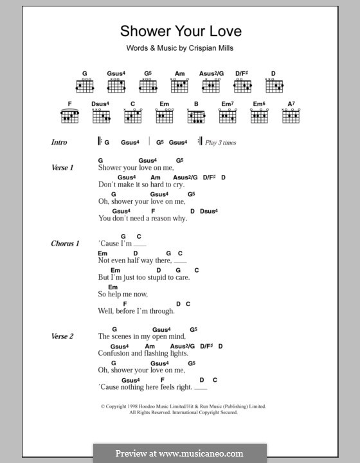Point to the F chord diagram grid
[x=69, y=116]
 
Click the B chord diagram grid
[x=197, y=116]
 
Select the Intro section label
[x=59, y=142]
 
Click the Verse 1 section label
[x=62, y=167]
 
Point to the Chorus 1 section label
[x=65, y=244]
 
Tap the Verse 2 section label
[x=62, y=336]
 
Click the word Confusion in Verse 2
[x=114, y=353]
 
